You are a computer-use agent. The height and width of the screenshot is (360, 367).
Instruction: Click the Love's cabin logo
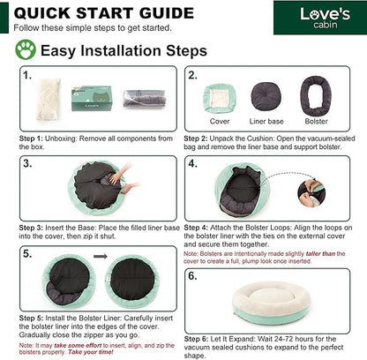[x=326, y=18]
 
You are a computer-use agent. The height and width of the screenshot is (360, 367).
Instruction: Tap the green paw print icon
[x=26, y=49]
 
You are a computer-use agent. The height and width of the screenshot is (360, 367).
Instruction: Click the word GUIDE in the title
[x=167, y=13]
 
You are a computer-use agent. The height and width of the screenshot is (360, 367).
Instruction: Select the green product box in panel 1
[x=92, y=98]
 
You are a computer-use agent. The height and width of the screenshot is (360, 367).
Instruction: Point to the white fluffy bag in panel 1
[x=48, y=100]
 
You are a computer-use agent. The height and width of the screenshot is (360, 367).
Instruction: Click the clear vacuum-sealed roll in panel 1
[x=145, y=99]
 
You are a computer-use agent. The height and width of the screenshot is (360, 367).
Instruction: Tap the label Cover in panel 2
[x=220, y=121]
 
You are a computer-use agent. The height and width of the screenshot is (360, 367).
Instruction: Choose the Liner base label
[x=266, y=121]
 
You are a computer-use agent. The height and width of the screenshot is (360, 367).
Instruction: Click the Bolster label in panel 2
[x=317, y=121]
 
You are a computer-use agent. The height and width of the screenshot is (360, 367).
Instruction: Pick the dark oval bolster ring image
[x=316, y=96]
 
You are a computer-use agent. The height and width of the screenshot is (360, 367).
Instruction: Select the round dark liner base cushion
[x=266, y=97]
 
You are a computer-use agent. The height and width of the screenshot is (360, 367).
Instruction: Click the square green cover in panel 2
[x=220, y=99]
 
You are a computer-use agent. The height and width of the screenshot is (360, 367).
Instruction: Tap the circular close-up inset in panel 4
[x=311, y=192]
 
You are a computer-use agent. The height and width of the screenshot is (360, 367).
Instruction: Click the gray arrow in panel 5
[x=101, y=257]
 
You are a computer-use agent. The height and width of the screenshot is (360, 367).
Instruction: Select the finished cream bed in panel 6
[x=271, y=303]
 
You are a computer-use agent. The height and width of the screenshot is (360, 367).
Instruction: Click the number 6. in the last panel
[x=192, y=276]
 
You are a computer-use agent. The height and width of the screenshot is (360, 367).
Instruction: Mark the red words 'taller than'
[x=320, y=253]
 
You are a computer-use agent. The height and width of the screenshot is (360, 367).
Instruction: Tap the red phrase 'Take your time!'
[x=91, y=352]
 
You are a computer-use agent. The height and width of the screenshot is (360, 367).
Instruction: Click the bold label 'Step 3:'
[x=31, y=228]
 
